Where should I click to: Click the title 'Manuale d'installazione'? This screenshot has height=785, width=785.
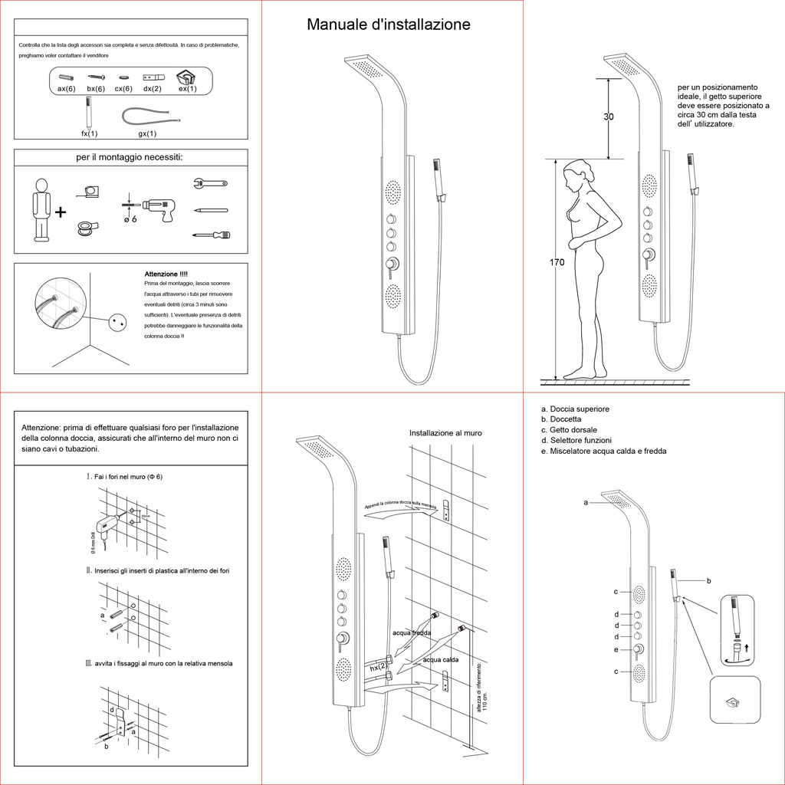click(389, 25)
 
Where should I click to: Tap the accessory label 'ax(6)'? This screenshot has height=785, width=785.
click(66, 89)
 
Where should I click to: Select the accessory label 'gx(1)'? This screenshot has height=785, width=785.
click(147, 133)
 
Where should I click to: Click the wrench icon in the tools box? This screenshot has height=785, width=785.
click(208, 183)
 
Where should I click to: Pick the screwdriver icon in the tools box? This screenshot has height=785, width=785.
click(210, 235)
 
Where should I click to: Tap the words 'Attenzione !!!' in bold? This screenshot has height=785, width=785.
click(166, 274)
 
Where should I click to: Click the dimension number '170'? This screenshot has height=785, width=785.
click(557, 263)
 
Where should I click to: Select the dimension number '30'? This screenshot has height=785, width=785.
click(609, 117)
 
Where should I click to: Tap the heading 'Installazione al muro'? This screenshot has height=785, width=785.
click(445, 433)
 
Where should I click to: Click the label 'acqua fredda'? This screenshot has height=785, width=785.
click(412, 633)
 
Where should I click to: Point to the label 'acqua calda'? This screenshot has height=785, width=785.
click(441, 659)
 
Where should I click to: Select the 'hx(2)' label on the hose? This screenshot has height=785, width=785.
click(378, 668)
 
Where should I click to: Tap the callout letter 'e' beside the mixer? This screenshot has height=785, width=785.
click(616, 650)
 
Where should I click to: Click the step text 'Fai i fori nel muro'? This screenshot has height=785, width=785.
click(128, 477)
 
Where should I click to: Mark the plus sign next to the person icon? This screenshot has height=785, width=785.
click(61, 211)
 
